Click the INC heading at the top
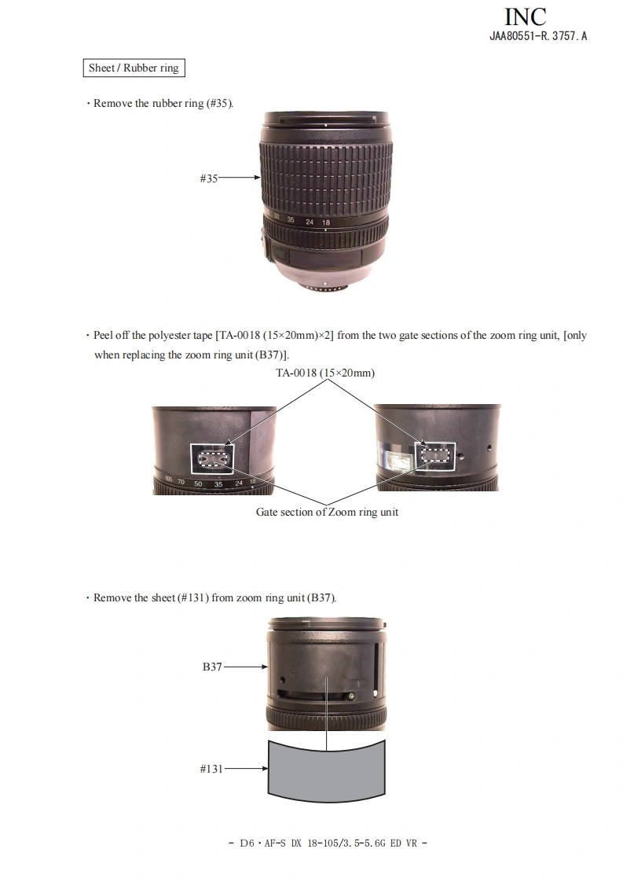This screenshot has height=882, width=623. [525, 17]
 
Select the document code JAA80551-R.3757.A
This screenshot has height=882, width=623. [538, 36]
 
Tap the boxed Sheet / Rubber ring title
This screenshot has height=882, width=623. [134, 68]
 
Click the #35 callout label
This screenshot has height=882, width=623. [209, 178]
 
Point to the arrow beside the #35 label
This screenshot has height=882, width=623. [239, 178]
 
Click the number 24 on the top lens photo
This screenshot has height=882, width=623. [310, 222]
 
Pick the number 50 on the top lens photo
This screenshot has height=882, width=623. [277, 215]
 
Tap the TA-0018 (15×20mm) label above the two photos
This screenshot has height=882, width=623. [325, 373]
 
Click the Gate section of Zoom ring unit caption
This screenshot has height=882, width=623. [328, 512]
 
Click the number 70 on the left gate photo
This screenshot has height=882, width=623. [181, 482]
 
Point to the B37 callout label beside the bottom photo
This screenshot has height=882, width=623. [212, 667]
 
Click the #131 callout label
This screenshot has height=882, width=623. [211, 769]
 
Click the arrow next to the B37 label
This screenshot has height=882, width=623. [246, 667]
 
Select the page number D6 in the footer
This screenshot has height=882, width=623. [247, 843]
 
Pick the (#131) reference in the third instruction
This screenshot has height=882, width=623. [192, 598]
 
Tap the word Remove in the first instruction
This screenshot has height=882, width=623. [112, 104]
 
